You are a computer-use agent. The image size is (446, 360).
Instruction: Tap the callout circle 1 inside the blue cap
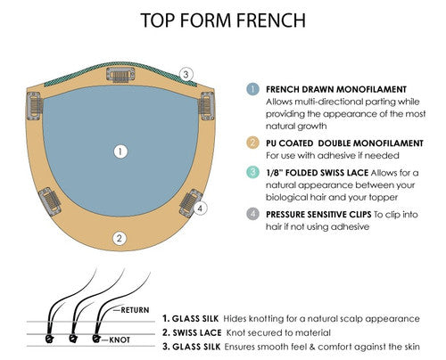118,152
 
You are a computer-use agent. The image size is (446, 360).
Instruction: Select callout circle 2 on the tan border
118,238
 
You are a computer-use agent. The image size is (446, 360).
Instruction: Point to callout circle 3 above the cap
186,74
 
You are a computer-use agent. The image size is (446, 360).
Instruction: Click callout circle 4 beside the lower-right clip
201,209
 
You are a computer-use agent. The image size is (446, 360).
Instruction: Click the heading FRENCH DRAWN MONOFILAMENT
331,90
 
